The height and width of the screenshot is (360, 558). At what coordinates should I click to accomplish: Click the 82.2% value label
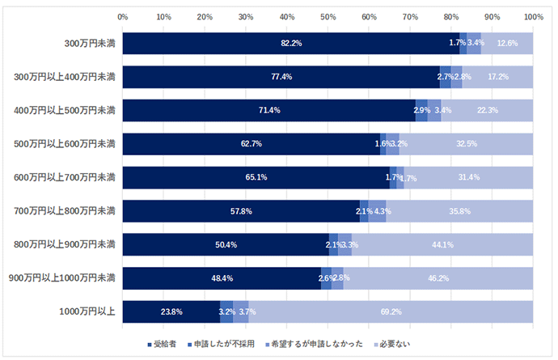[291, 43]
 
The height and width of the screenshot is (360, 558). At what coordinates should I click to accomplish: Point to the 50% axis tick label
[328, 15]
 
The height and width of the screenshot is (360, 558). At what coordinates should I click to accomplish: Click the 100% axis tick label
[532, 15]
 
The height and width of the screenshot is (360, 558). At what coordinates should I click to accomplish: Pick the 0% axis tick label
[123, 15]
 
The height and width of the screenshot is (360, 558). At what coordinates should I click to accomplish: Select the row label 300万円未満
[90, 44]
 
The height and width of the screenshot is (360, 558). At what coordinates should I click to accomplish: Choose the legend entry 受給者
[165, 344]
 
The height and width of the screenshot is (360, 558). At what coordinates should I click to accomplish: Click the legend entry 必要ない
[393, 344]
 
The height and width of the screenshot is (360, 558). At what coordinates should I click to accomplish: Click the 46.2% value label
[438, 278]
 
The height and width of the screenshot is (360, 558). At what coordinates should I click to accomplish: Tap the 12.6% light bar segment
[508, 43]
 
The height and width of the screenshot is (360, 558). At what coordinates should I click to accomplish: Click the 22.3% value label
[488, 110]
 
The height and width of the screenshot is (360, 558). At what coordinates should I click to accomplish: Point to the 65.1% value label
[256, 177]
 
